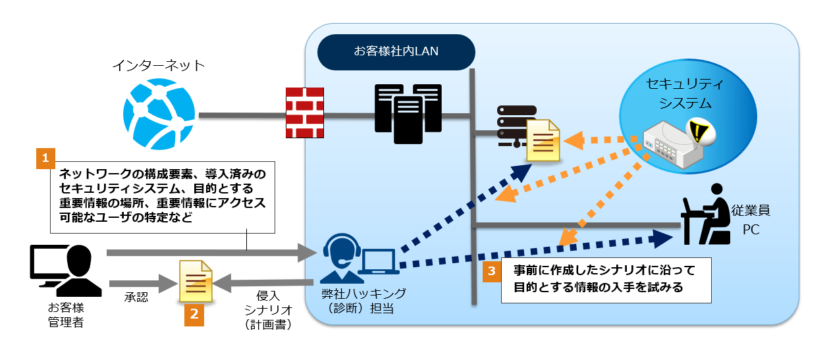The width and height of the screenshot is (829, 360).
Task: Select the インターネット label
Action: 159,65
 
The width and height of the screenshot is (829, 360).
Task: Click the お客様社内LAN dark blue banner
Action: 396,51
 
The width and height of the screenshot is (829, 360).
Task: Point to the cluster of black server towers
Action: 408,113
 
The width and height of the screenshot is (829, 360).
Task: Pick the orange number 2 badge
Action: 194,315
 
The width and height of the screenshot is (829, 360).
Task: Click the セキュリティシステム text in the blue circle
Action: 685,93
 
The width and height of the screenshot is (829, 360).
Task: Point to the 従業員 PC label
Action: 751,220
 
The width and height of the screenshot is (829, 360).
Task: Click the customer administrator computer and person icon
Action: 66,270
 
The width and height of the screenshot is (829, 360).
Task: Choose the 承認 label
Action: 136,297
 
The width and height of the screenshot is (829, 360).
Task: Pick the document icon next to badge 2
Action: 196,282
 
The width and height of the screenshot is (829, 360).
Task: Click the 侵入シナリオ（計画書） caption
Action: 267,310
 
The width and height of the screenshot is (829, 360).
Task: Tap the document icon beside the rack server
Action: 543,140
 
